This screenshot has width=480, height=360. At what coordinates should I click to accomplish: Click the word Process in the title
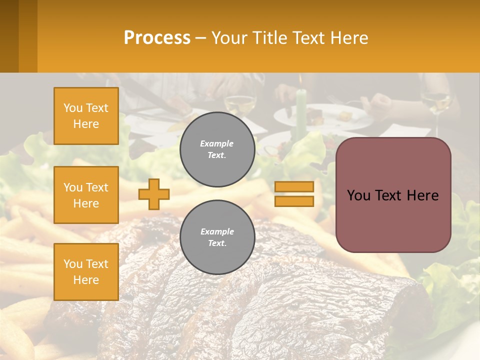157,38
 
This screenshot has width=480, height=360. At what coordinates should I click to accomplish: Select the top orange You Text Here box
86,116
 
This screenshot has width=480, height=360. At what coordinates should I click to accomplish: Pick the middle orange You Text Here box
86,195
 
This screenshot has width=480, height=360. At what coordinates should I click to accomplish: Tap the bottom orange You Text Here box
86,272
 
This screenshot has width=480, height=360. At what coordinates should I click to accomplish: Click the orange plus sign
154,194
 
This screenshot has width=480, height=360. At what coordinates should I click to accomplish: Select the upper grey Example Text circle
217,149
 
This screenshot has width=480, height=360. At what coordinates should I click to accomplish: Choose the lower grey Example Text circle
217,237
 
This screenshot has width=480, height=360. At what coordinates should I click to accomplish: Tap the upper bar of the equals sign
294,187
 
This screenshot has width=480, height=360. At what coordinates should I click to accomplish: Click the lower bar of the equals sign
294,201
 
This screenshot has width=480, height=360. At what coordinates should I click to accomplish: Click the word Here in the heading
349,38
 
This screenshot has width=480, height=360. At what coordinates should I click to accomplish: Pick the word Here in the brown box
422,195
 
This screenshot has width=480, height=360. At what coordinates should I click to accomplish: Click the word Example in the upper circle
217,143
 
